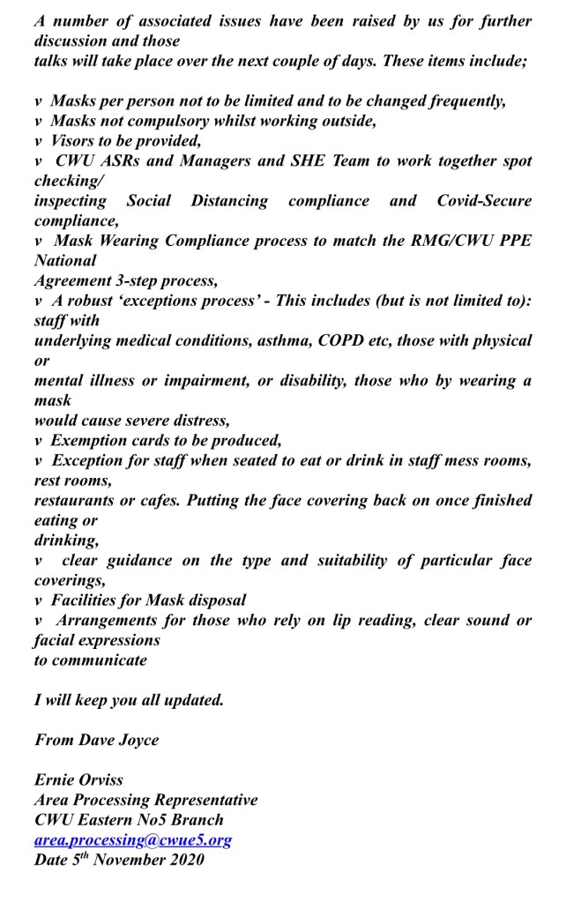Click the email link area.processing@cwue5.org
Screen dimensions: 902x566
(x=132, y=839)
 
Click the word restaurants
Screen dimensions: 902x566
(x=75, y=501)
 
